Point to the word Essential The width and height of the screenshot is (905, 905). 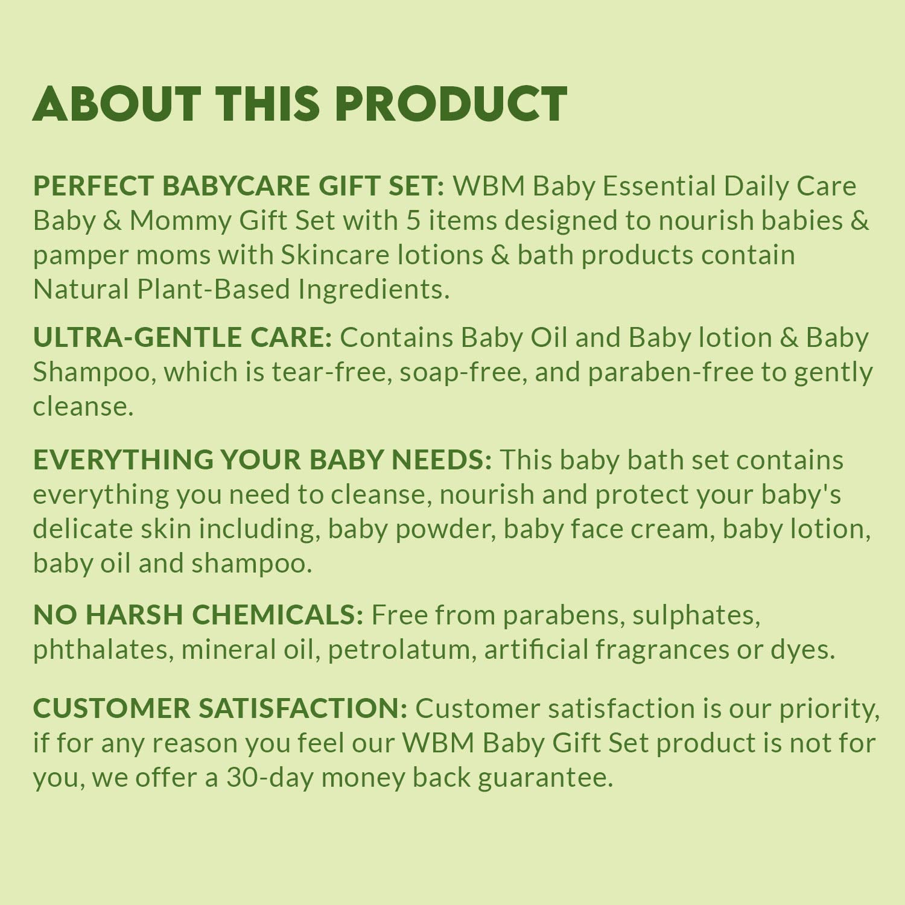click(x=659, y=186)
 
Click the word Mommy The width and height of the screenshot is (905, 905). click(x=180, y=221)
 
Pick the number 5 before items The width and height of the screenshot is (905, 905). click(x=413, y=220)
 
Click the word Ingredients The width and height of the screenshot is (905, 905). click(x=373, y=290)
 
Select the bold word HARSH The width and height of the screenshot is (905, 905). click(x=134, y=615)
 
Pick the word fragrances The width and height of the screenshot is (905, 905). click(x=662, y=650)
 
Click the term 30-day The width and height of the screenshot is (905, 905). click(x=270, y=778)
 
